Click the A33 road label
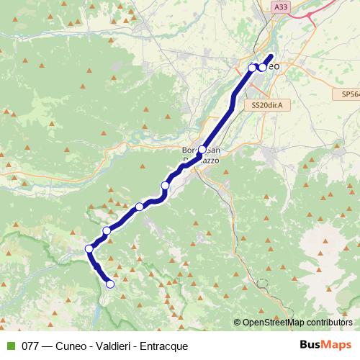281,6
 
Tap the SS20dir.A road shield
266,105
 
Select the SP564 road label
350,94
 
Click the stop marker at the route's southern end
110,284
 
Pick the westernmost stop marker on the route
89,249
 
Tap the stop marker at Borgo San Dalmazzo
202,150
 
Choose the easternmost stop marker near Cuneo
262,67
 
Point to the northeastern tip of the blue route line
271,56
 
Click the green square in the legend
10,346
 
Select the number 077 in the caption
31,346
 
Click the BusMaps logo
326,346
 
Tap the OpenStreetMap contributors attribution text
297,323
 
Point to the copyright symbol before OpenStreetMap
237,323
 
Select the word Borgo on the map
191,150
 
